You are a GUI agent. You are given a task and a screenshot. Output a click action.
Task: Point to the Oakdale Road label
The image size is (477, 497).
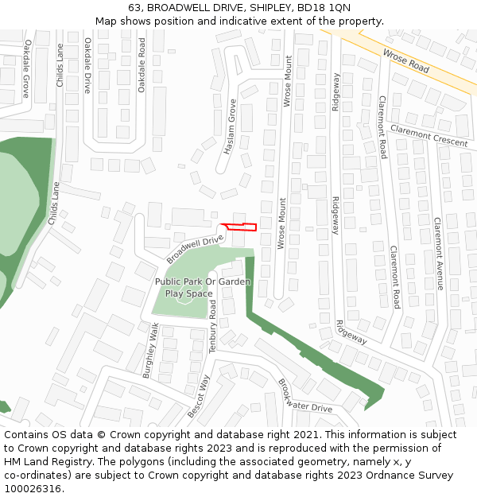(x=142, y=64)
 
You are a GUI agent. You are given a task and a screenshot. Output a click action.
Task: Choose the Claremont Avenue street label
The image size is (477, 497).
(x=438, y=253)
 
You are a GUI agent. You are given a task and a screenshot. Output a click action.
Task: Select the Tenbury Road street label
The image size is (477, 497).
(x=213, y=325)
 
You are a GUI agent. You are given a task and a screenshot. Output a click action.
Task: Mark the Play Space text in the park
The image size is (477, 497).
(x=188, y=293)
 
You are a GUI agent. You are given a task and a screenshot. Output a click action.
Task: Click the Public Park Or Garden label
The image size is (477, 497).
(x=203, y=282)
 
